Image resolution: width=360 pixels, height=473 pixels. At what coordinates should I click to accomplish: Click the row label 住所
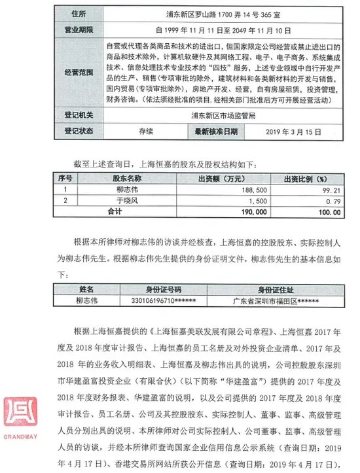pyautogui.click(x=79, y=12)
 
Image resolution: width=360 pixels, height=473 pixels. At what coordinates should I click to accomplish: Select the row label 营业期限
pyautogui.click(x=79, y=29)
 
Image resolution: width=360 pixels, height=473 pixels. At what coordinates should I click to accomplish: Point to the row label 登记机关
pyautogui.click(x=79, y=114)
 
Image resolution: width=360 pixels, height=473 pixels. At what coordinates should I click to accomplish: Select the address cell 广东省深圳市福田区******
pyautogui.click(x=281, y=301)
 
